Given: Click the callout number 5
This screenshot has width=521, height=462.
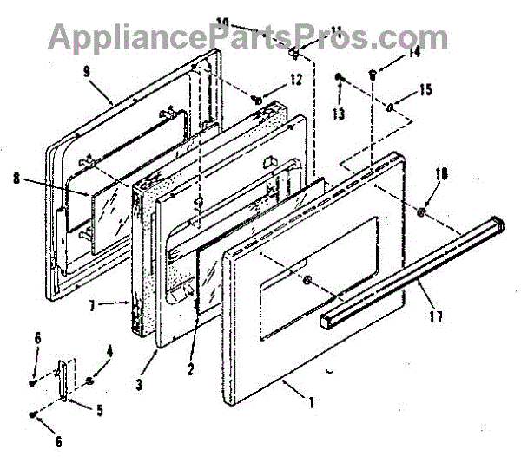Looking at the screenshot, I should [x=100, y=411].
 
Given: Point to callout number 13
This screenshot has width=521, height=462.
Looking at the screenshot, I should [x=337, y=114].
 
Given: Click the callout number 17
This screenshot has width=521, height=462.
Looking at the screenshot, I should [x=434, y=316].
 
